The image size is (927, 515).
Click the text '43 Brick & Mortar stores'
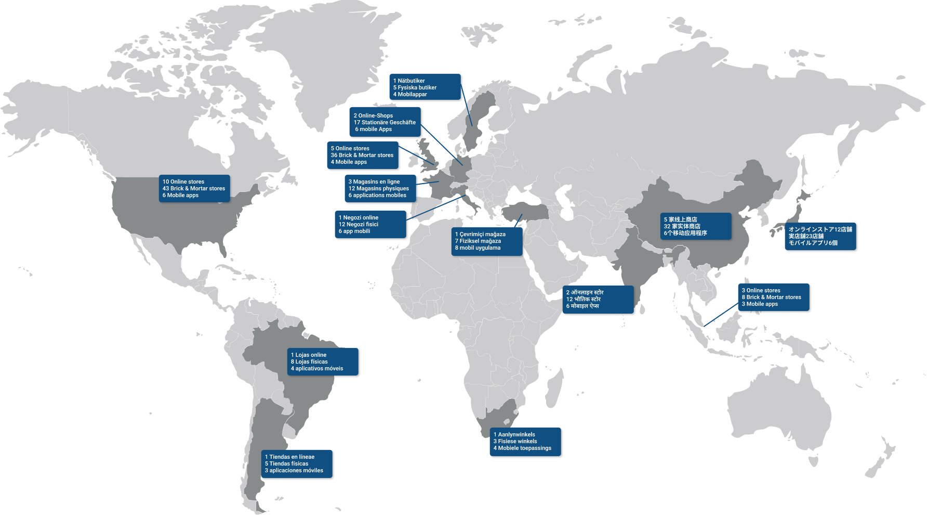click(193, 188)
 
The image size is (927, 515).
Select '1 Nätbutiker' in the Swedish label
click(409, 81)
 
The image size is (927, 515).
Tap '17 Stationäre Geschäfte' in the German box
click(385, 122)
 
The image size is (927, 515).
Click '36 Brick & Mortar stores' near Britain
click(362, 155)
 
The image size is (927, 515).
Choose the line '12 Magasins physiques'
click(378, 188)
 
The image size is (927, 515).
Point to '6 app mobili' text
click(354, 231)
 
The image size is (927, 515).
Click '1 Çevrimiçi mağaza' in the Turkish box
click(480, 234)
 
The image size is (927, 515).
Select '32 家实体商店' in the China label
click(682, 226)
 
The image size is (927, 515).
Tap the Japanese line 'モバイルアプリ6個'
click(813, 243)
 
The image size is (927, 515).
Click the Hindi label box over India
click(598, 299)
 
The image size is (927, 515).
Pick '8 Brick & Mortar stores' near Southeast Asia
click(771, 297)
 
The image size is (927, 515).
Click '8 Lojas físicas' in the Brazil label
click(309, 362)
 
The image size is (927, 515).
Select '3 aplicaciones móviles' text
click(294, 470)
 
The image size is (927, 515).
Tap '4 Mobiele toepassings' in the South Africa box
click(522, 448)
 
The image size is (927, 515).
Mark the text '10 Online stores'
click(183, 182)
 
